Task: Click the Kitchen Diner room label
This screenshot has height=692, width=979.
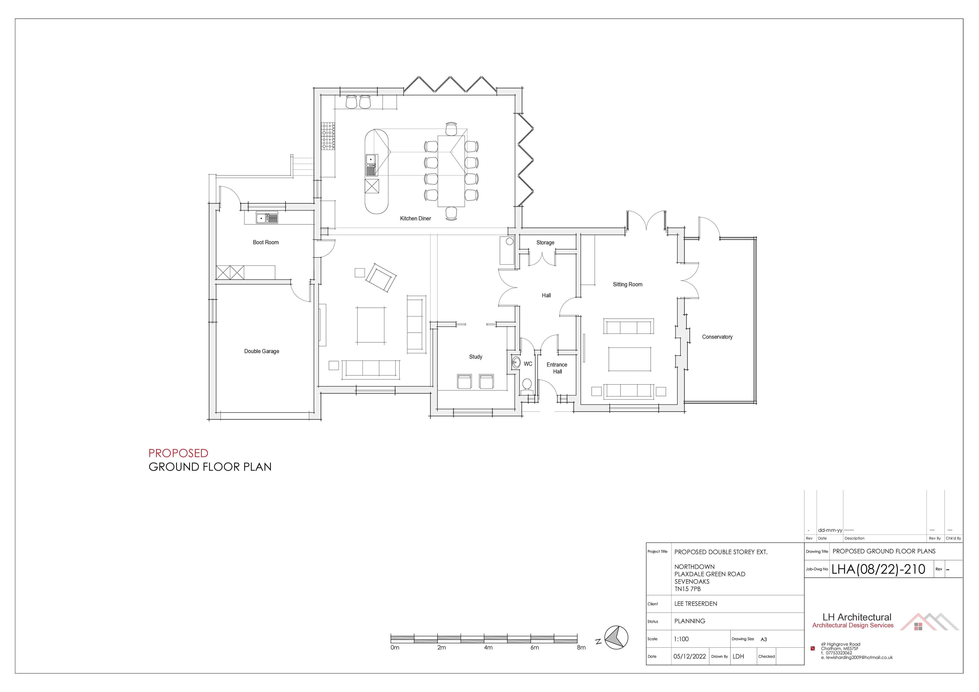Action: [415, 218]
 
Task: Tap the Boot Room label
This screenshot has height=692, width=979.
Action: [266, 242]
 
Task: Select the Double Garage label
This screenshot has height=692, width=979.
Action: [261, 351]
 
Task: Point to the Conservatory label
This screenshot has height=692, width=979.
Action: [717, 337]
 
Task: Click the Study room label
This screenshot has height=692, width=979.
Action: [475, 357]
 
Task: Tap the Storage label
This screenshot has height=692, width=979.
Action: [545, 242]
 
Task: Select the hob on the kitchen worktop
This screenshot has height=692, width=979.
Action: [328, 136]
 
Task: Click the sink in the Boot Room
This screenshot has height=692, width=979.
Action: [266, 218]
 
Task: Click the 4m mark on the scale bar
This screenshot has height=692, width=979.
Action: [488, 647]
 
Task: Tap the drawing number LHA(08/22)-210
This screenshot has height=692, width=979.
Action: [878, 569]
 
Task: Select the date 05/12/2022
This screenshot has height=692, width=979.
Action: [689, 657]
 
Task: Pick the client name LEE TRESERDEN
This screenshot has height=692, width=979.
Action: [695, 604]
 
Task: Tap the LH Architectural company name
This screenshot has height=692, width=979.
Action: [857, 617]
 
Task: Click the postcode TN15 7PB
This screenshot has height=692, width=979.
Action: [687, 589]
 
